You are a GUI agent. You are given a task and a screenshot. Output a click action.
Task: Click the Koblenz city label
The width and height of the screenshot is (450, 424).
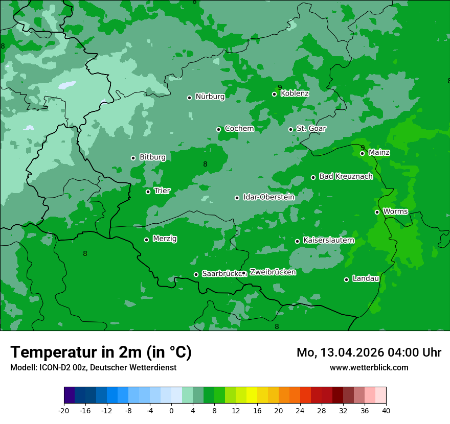(x=295, y=93)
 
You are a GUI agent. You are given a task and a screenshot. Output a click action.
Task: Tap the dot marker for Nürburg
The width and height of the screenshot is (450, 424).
(x=189, y=98)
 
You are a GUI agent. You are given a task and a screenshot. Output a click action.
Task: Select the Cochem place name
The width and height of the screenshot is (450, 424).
(x=239, y=129)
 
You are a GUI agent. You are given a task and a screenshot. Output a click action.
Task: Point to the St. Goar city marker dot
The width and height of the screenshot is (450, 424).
(x=290, y=129)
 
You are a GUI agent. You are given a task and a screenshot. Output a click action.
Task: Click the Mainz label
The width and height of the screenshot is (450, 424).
(x=379, y=153)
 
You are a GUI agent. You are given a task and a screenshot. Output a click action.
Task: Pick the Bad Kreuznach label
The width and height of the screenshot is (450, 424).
(x=346, y=177)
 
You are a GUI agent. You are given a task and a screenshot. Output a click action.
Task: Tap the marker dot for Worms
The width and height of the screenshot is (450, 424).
(x=377, y=212)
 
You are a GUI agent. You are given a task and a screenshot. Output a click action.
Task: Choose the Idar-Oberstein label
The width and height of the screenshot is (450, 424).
(x=268, y=197)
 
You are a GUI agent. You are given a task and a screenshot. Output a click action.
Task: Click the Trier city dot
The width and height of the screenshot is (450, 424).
(x=148, y=192)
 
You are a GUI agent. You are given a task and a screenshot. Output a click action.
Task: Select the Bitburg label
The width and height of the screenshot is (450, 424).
(x=152, y=157)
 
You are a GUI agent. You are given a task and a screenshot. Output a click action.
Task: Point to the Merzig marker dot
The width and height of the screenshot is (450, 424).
(x=146, y=240)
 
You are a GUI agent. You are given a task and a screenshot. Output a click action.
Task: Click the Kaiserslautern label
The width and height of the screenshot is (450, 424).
(x=328, y=240)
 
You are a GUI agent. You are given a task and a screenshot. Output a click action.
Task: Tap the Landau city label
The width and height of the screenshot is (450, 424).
(x=366, y=279)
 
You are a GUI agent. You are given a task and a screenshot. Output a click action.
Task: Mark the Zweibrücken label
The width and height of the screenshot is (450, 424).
(x=273, y=272)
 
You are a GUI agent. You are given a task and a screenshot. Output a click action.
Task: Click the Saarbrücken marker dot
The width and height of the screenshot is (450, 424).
(x=196, y=274)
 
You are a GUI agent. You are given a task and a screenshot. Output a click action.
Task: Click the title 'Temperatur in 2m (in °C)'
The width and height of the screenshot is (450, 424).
(x=101, y=352)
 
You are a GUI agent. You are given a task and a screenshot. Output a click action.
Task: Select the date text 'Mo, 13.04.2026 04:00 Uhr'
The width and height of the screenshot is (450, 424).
(x=369, y=352)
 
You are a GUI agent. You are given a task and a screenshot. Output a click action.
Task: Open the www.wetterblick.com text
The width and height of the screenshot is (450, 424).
(x=369, y=367)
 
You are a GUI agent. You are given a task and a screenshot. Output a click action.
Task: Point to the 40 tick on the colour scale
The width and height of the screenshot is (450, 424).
(x=386, y=410)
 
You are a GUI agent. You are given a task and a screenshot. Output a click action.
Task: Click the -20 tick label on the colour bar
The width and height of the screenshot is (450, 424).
(x=64, y=410)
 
